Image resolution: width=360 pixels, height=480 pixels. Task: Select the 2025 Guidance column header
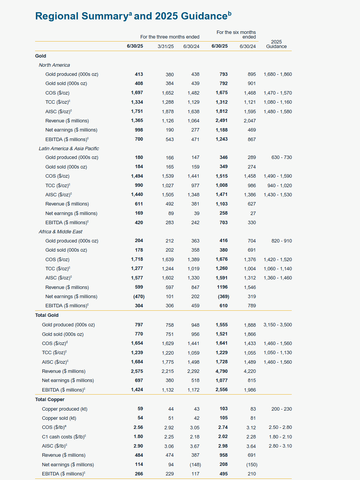click(276, 44)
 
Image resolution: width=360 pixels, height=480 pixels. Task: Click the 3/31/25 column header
click(166, 47)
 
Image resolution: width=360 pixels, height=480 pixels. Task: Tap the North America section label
click(54, 65)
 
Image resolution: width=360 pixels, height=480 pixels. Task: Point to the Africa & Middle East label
click(60, 232)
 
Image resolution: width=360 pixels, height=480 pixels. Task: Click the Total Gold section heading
click(47, 315)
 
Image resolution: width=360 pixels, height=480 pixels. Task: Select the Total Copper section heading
click(50, 400)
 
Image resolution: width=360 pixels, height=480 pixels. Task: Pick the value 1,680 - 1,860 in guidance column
click(277, 74)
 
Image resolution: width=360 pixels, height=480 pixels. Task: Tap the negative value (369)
click(223, 297)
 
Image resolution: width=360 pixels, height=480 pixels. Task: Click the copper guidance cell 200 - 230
click(282, 409)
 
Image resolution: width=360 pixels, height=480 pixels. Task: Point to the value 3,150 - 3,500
click(277, 325)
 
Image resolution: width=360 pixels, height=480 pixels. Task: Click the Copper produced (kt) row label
click(64, 409)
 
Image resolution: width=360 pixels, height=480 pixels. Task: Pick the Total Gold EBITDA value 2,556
click(222, 390)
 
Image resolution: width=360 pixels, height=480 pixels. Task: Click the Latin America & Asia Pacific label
click(69, 149)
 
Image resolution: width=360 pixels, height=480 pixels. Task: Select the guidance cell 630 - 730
click(282, 157)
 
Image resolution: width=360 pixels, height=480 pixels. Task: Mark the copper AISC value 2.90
click(138, 446)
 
